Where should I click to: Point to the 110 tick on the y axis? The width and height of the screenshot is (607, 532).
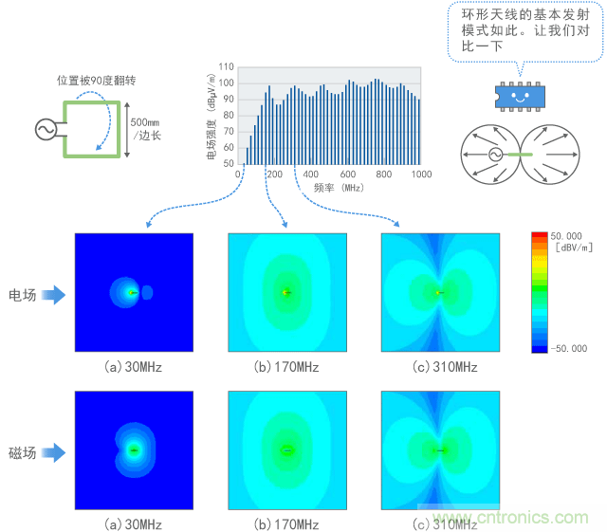point(226,68)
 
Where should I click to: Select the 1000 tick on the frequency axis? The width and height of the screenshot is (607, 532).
point(421,174)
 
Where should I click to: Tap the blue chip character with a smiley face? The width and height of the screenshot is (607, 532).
point(519,95)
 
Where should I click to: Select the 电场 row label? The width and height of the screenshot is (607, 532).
point(22,295)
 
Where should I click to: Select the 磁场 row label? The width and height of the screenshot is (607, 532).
point(22,453)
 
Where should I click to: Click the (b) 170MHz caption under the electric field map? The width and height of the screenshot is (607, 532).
point(285,367)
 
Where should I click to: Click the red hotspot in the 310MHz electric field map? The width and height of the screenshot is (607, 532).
point(437,292)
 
